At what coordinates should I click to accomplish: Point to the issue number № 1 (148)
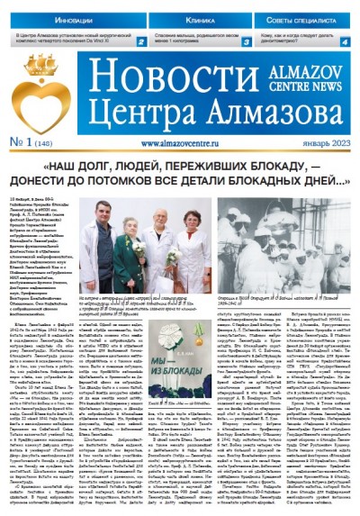pyautogui.click(x=31, y=141)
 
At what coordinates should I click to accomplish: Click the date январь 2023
pyautogui.click(x=326, y=142)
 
